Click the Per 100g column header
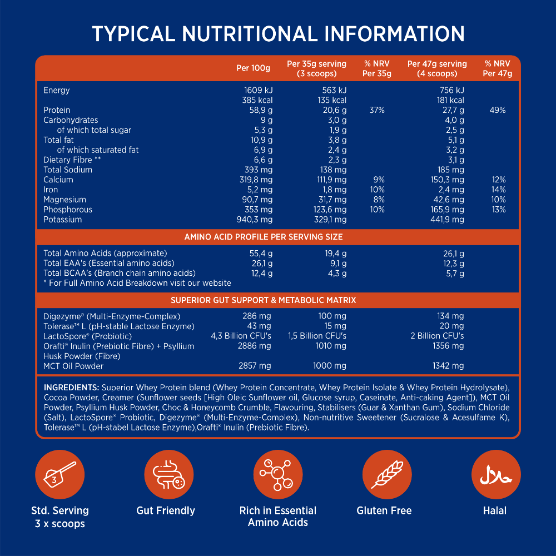pos(253,68)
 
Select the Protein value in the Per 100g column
pos(259,110)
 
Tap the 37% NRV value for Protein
pos(377,110)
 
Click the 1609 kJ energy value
pos(259,90)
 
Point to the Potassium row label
pos(63,220)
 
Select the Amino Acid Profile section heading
pos(264,237)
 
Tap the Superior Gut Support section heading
pos(264,300)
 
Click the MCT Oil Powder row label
pos(73,366)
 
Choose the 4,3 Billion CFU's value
pos(241,336)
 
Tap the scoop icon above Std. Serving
pos(59,474)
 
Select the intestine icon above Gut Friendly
pos(168,474)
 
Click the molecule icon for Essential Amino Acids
pos(277,474)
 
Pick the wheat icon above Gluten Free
pos(386,474)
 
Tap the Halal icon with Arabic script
pos(496,474)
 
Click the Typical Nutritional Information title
pos(278,34)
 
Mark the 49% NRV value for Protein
pos(498,110)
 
